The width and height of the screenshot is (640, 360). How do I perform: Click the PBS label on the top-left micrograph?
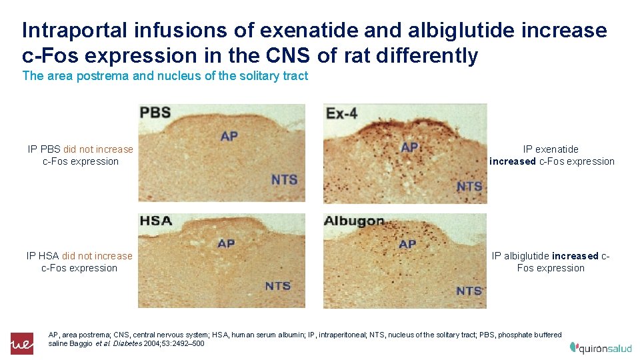pyautogui.click(x=155, y=113)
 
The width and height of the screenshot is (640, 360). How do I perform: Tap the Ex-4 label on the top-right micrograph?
pyautogui.click(x=341, y=113)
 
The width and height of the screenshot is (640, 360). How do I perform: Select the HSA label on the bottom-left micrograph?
pyautogui.click(x=155, y=221)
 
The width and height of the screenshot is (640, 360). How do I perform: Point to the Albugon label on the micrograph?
pyautogui.click(x=354, y=221)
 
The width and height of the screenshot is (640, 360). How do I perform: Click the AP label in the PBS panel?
pyautogui.click(x=229, y=137)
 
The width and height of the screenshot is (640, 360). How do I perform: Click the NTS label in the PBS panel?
pyautogui.click(x=284, y=179)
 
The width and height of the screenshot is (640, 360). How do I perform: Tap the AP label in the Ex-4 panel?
pyautogui.click(x=409, y=147)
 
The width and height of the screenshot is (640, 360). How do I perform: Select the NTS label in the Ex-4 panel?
pyautogui.click(x=469, y=187)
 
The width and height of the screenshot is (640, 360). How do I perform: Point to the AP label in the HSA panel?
pyautogui.click(x=226, y=244)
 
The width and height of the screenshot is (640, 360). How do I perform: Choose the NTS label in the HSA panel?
pyautogui.click(x=277, y=286)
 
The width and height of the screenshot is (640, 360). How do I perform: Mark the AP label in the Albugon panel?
pyautogui.click(x=407, y=245)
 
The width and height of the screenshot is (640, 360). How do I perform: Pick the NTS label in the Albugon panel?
pyautogui.click(x=469, y=291)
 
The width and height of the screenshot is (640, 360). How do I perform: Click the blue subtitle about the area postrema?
pyautogui.click(x=165, y=76)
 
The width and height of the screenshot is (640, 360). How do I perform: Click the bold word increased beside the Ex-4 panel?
pyautogui.click(x=512, y=161)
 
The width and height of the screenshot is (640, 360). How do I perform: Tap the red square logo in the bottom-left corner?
pyautogui.click(x=21, y=343)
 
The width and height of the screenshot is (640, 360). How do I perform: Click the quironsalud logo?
pyautogui.click(x=601, y=347)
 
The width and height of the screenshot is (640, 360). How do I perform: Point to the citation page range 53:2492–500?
pyautogui.click(x=183, y=343)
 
